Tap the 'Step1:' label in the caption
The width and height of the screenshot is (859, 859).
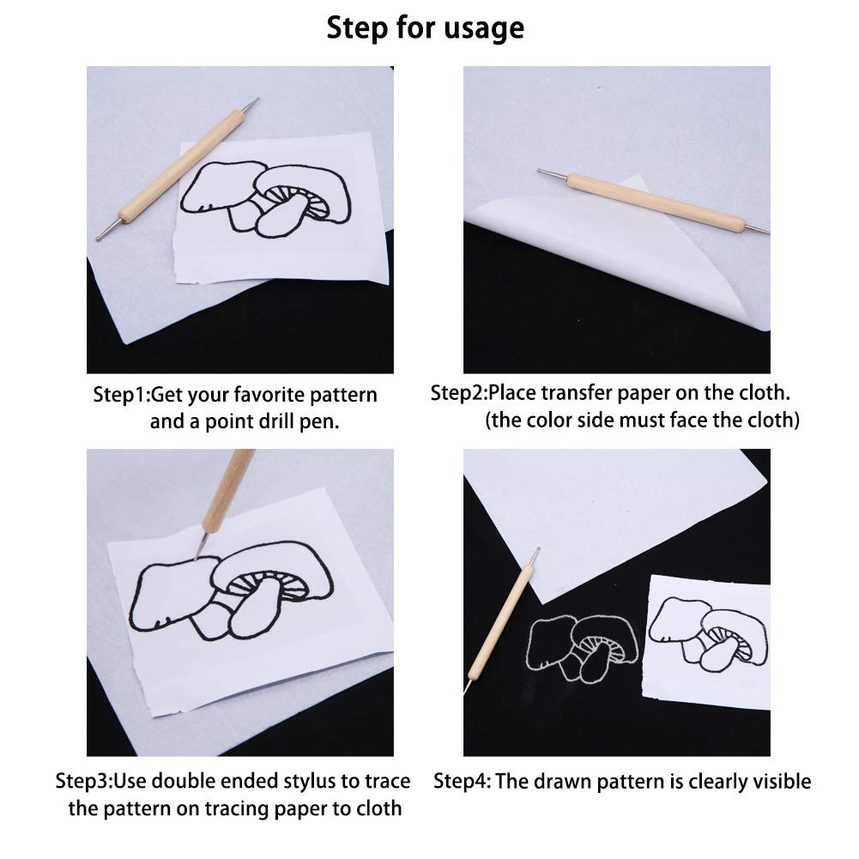121,395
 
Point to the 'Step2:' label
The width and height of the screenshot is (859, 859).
458,393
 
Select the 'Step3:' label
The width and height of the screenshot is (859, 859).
84,781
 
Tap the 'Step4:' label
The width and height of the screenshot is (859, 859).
463,781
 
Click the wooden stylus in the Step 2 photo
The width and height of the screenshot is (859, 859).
653,201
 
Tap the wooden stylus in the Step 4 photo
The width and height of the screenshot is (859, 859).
501,619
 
